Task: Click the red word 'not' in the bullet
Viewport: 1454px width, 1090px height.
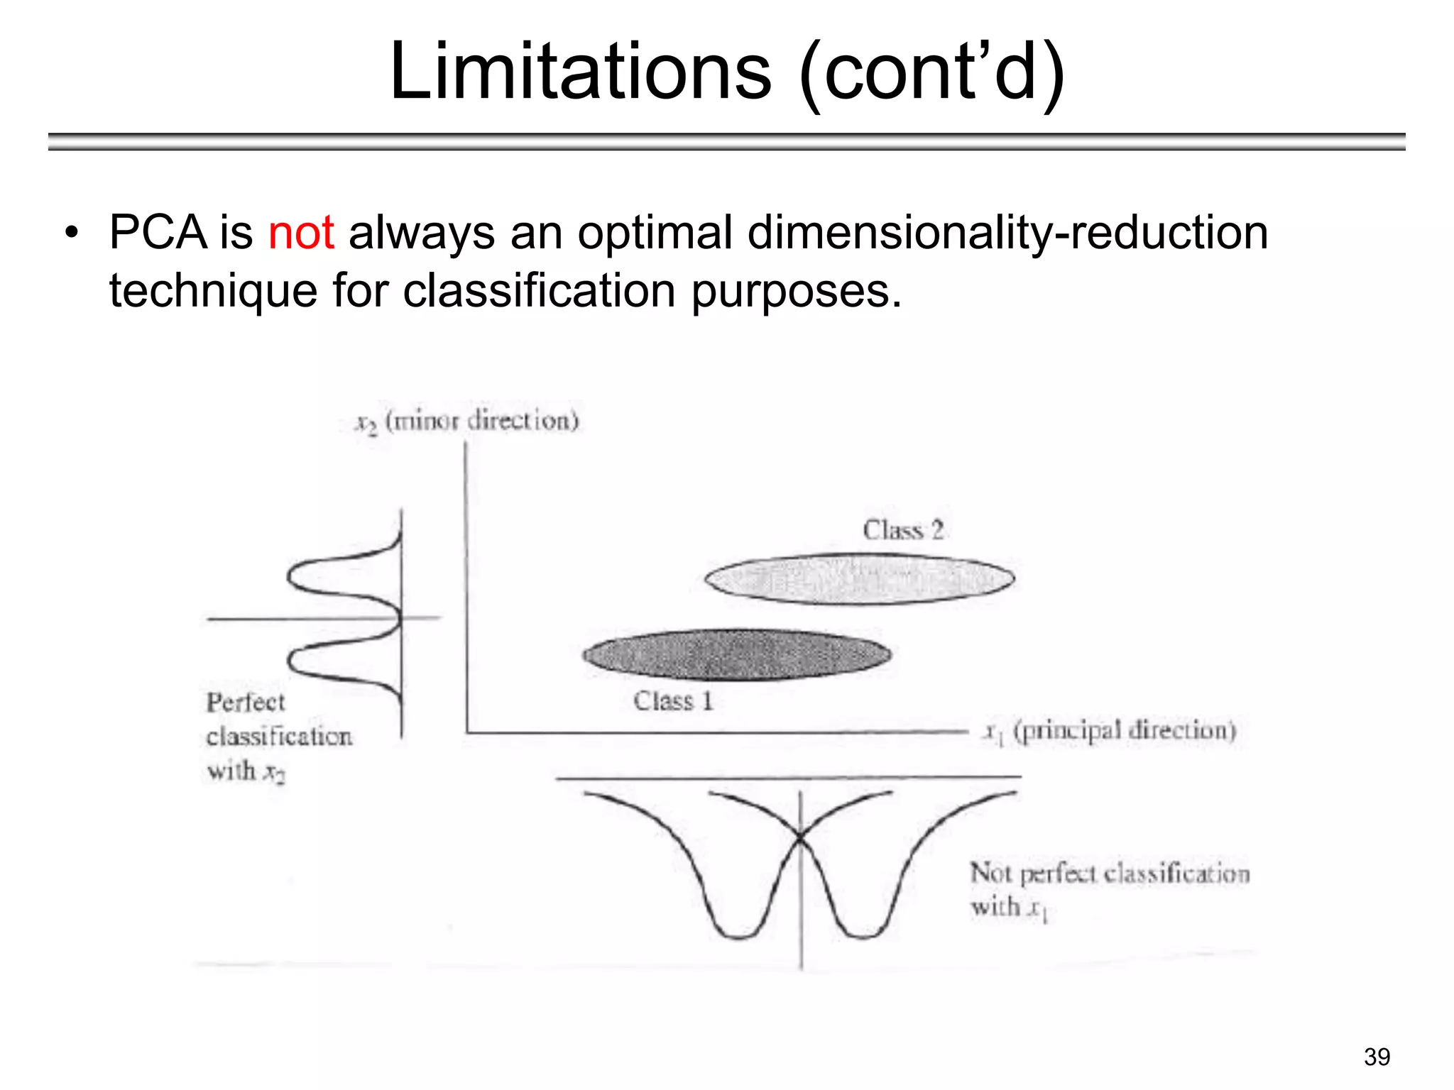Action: coord(301,233)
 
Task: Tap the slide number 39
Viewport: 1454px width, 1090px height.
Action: coord(1377,1057)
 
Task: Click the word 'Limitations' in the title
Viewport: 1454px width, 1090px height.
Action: coord(580,71)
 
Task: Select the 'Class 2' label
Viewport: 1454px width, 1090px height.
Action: coord(903,530)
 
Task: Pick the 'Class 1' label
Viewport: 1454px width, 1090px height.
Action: coord(673,701)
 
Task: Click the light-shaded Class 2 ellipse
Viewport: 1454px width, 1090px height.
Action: coord(859,579)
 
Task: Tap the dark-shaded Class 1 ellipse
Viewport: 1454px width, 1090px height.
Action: coord(737,654)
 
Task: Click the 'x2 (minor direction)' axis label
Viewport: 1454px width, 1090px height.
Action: coord(468,421)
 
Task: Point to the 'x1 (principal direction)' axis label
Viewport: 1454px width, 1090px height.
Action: coord(1110,731)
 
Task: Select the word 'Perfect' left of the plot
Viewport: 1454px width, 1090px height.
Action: coord(246,703)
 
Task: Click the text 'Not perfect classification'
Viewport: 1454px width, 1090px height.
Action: coord(1110,874)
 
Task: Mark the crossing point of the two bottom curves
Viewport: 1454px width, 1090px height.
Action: coord(801,839)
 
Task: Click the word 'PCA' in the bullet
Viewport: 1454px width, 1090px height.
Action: coord(157,233)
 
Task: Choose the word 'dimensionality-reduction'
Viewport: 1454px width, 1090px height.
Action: coord(1007,233)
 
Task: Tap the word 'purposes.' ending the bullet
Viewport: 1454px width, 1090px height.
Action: coord(796,291)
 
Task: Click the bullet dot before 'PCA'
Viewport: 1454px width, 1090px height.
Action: coord(71,233)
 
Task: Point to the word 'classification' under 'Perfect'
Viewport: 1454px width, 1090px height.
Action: coord(279,737)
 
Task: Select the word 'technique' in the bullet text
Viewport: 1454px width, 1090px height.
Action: coord(213,291)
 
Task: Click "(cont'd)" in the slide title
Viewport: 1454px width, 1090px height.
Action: coord(931,71)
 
